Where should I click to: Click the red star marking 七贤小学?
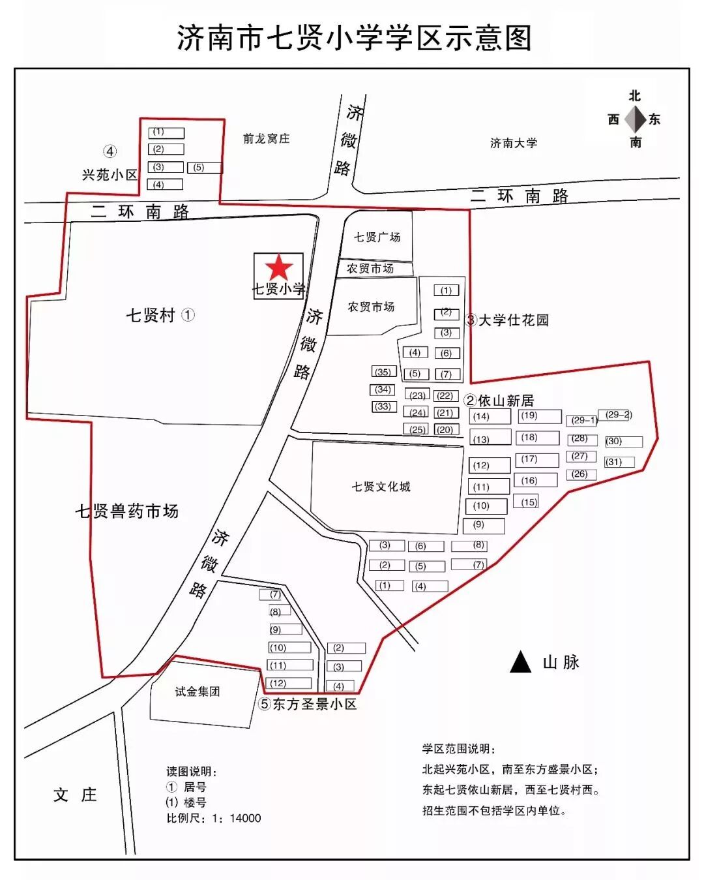tap(279, 267)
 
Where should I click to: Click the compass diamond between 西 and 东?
tap(635, 119)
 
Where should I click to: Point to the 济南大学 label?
tap(514, 143)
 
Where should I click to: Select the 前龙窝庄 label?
tap(266, 138)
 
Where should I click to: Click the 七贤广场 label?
tap(377, 237)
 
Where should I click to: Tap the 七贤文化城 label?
tap(381, 487)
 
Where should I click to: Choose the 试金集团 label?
tap(197, 691)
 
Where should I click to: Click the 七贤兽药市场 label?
tap(126, 511)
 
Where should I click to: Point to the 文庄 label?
tap(75, 795)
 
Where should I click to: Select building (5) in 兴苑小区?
tap(204, 168)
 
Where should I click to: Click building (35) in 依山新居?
tap(383, 372)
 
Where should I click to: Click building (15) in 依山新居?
tap(526, 502)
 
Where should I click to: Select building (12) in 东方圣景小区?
tap(289, 683)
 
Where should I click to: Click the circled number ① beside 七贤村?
tap(188, 315)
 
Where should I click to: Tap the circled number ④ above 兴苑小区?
tap(110, 151)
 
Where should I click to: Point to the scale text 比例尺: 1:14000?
tap(213, 818)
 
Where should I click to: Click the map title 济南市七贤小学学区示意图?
tap(354, 38)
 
